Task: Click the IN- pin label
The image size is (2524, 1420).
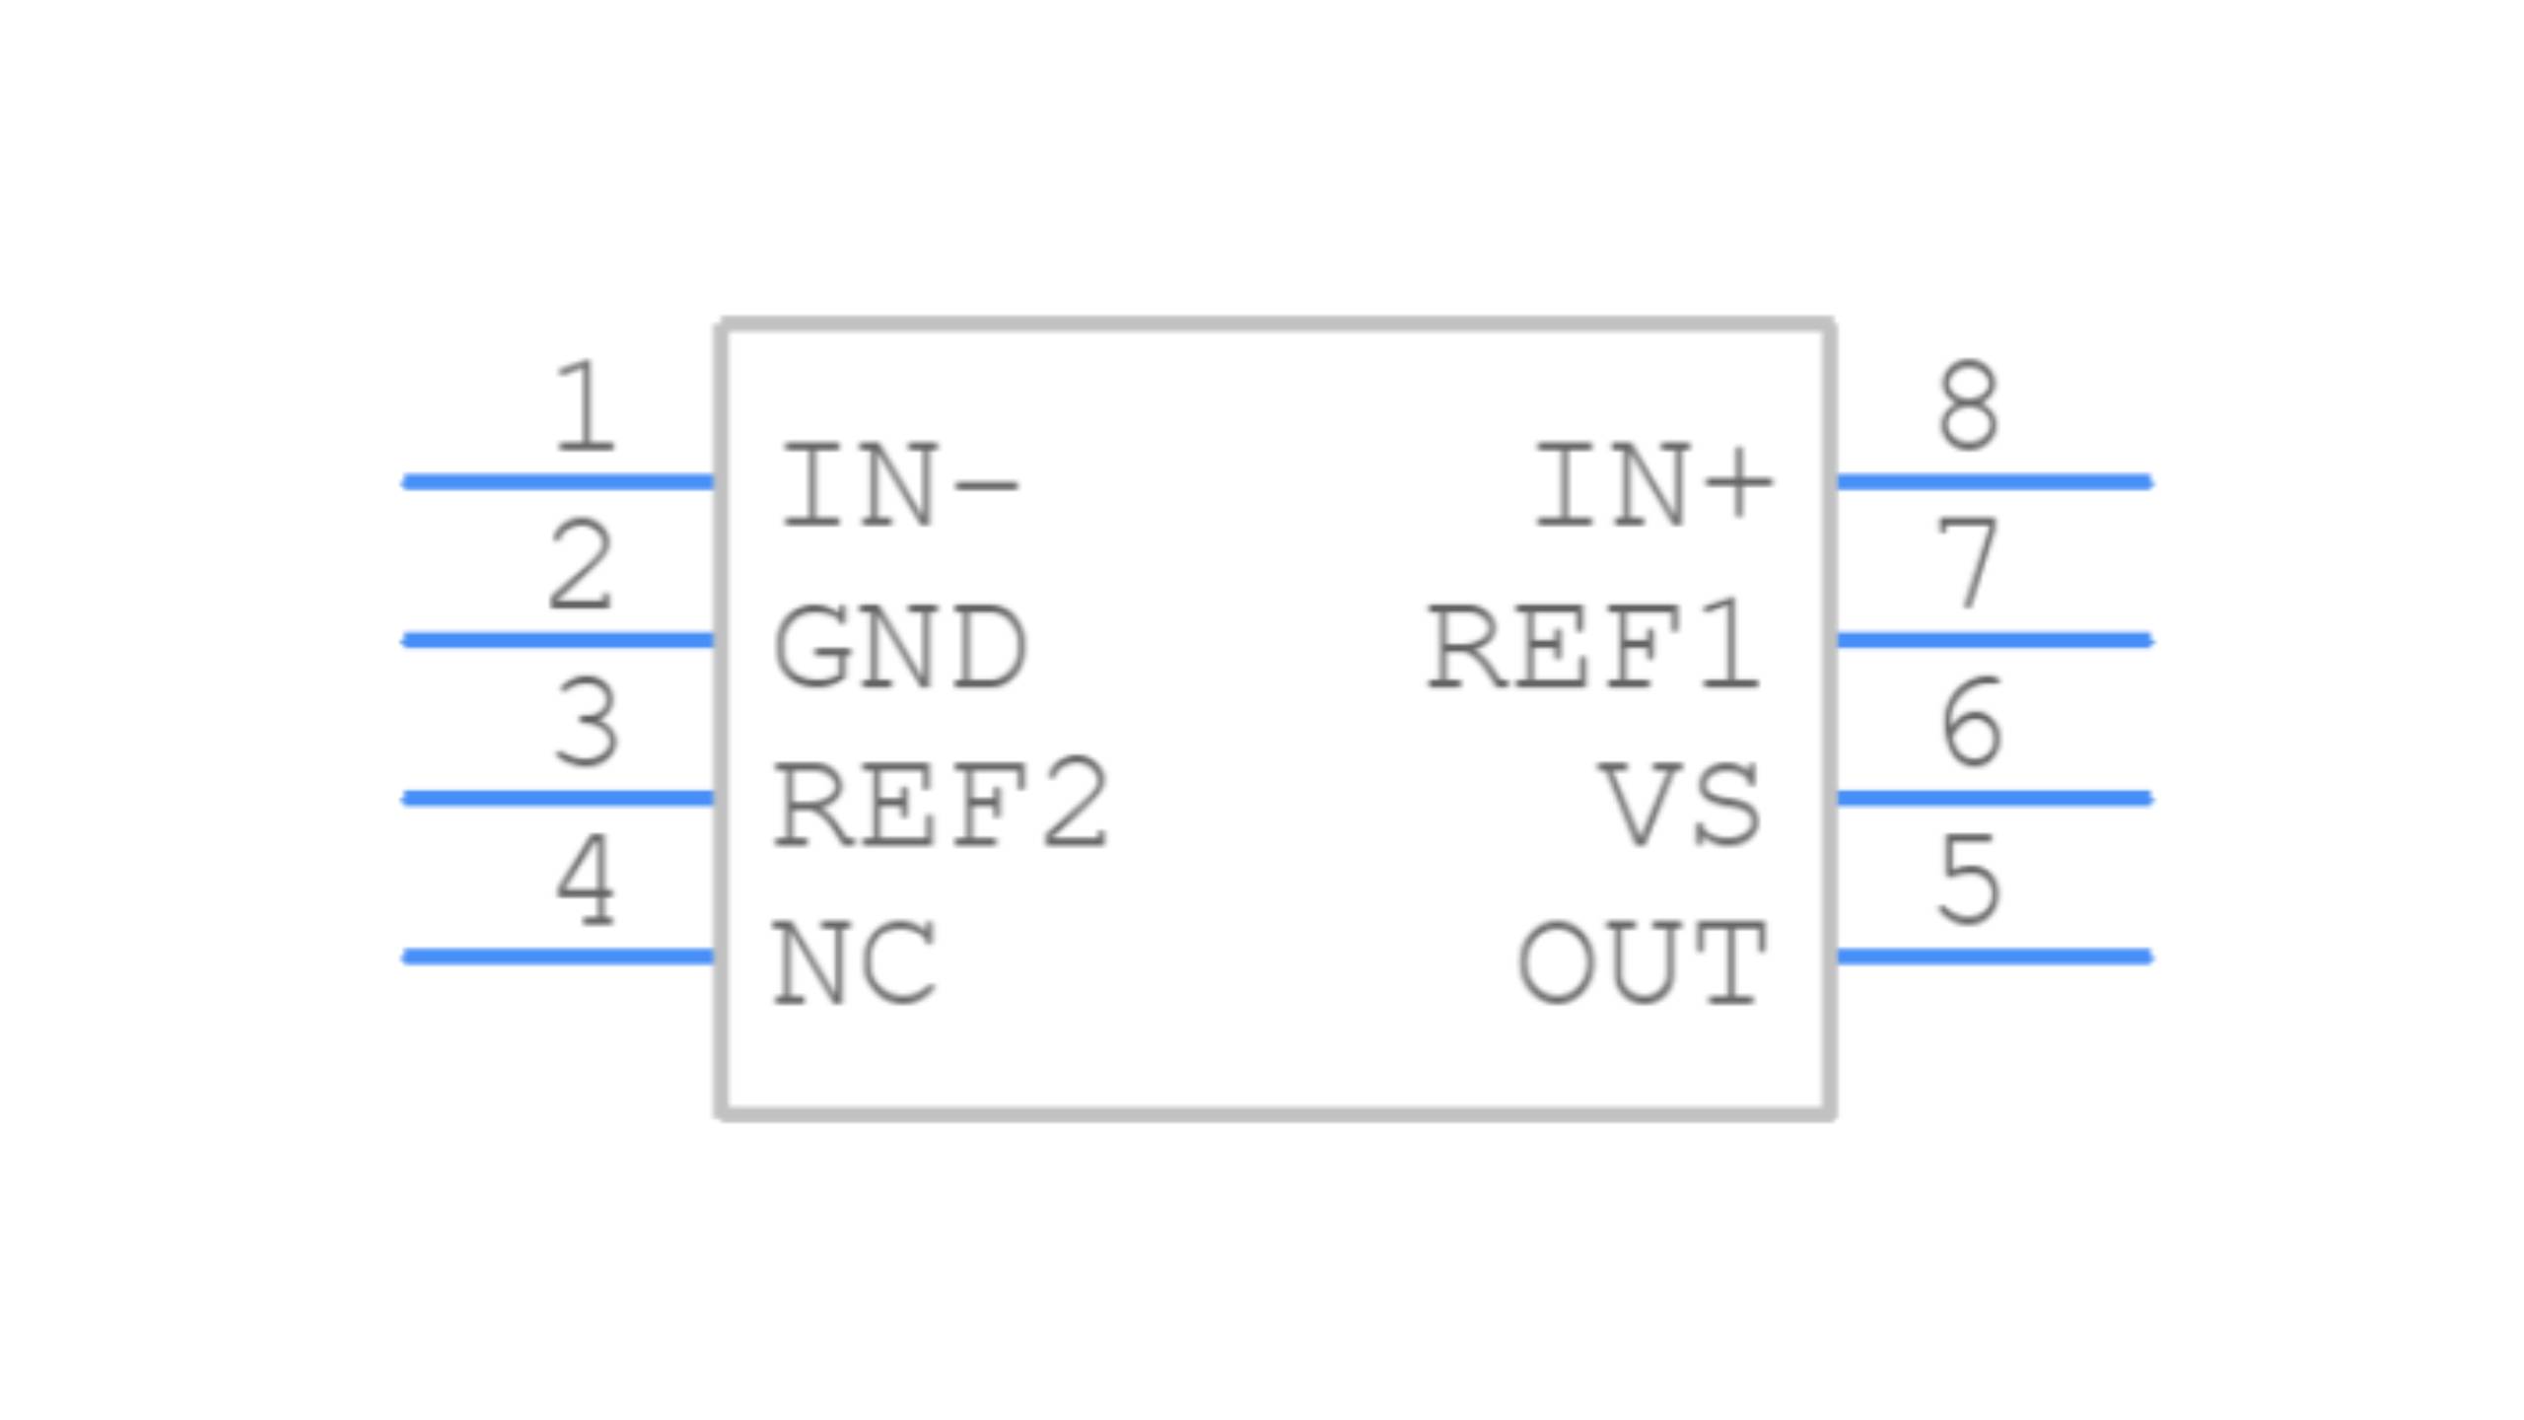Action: pos(899,487)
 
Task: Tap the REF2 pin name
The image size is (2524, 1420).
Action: pos(942,805)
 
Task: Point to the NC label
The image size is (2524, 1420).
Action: pos(854,963)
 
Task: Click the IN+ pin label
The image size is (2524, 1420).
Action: pos(1653,487)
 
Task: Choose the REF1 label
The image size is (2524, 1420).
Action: pos(1594,647)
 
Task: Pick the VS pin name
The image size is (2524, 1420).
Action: pos(1680,805)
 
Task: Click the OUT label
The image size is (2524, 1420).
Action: pos(1642,963)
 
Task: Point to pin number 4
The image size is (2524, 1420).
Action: pos(586,881)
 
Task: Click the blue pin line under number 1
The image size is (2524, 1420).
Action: pos(558,482)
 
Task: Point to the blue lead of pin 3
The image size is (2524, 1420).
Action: pos(558,799)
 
